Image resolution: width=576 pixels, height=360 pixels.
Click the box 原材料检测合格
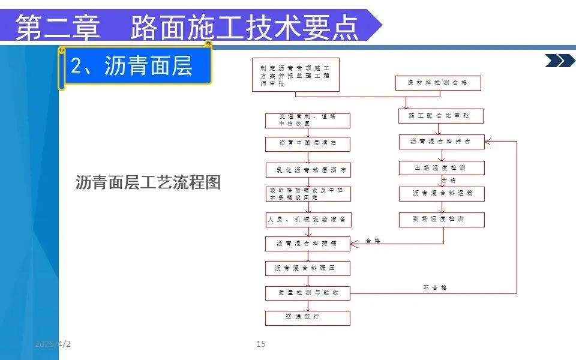(438, 83)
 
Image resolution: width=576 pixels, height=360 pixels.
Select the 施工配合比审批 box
(441, 116)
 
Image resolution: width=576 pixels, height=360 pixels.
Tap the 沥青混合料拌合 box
(441, 142)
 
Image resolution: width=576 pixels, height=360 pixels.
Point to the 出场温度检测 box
(441, 168)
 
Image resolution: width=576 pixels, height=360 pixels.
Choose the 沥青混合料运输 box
(441, 194)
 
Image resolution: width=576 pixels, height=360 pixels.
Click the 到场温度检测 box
(441, 220)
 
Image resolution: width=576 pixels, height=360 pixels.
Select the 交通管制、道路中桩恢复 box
(308, 120)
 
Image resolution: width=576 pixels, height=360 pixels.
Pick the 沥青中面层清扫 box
(308, 145)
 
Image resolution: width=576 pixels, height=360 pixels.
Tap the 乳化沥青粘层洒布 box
(308, 170)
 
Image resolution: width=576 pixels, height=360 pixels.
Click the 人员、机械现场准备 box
(308, 220)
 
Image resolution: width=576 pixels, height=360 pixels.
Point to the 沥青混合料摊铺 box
(308, 244)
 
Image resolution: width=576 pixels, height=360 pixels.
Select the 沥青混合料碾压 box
(308, 268)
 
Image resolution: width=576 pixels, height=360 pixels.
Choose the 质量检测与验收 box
(308, 293)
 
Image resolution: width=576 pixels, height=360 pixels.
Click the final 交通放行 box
(308, 317)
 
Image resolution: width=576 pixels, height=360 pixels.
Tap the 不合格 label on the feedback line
(435, 288)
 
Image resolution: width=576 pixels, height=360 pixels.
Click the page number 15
(260, 344)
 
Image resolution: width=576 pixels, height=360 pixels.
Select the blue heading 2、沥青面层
(132, 66)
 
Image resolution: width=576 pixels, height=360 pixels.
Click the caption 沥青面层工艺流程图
(148, 182)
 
